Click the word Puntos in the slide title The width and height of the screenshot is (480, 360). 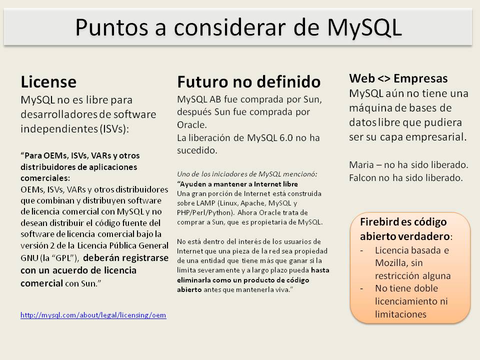(111, 28)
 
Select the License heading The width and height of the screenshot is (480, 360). (48, 82)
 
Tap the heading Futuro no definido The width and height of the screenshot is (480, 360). (249, 82)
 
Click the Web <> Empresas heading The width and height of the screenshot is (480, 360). (398, 78)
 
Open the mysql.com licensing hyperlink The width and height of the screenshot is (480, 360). (93, 315)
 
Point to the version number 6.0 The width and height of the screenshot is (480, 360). (286, 138)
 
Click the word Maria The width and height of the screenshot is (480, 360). (361, 165)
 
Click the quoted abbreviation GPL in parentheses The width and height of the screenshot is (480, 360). (63, 258)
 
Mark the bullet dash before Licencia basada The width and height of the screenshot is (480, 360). (362, 250)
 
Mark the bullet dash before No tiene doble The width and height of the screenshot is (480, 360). (362, 288)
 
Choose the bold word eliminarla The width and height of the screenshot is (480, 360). (194, 280)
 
